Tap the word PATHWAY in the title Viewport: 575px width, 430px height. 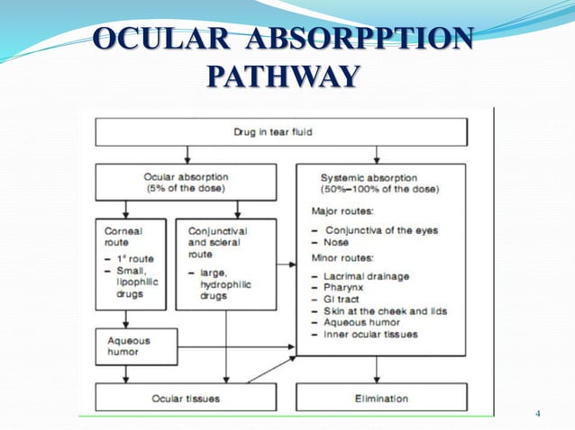281,77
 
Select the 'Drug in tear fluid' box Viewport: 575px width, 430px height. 281,133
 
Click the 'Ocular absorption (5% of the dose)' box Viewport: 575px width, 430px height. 184,183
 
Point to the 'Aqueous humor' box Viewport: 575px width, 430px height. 130,346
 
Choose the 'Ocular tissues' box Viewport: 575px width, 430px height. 186,398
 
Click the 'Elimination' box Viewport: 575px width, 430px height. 381,398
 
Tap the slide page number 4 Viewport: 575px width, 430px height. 538,414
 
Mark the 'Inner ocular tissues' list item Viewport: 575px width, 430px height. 370,335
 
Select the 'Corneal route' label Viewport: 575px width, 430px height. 123,236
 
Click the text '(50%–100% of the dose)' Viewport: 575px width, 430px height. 379,190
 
